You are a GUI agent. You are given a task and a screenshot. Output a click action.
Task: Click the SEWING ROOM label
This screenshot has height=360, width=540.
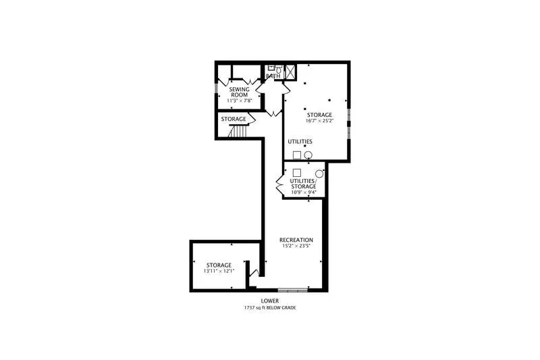tap(240, 92)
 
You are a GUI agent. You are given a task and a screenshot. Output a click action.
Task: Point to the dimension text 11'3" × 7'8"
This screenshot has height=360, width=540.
tap(240, 101)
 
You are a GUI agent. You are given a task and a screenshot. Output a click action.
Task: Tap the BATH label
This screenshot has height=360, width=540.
tap(273, 76)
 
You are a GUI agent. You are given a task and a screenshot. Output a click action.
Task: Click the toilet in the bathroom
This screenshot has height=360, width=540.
tap(279, 70)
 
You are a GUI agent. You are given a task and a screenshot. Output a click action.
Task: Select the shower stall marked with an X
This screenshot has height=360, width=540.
tap(290, 72)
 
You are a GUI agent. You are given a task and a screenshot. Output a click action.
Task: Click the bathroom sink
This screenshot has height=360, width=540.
tap(271, 68)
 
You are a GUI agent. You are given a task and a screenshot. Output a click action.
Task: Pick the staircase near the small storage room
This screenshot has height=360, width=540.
tap(238, 131)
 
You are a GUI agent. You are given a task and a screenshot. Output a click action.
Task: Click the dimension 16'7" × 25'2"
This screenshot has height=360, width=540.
tap(319, 121)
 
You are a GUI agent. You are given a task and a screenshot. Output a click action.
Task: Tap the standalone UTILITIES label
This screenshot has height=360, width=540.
tap(300, 142)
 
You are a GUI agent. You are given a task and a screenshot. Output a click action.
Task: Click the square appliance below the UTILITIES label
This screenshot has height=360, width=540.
tap(297, 155)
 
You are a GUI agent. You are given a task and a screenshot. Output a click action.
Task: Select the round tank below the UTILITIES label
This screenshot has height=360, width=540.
tap(308, 155)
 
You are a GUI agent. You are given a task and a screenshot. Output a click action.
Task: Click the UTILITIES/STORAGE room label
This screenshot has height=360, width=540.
tap(303, 184)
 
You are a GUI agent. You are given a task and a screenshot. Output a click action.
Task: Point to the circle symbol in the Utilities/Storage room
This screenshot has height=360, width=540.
tap(319, 174)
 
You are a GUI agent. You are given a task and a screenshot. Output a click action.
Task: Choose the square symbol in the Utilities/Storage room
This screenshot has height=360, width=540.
tap(297, 173)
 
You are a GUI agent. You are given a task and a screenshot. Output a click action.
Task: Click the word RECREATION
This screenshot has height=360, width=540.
tap(296, 240)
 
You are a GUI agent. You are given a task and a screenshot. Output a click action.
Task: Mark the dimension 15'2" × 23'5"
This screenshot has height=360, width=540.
tap(296, 246)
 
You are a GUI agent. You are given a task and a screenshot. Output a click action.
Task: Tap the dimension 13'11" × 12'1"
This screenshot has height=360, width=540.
tap(219, 271)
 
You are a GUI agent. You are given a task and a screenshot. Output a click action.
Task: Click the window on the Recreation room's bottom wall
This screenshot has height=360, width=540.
tap(293, 290)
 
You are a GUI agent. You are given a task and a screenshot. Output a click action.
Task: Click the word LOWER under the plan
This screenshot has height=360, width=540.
tap(269, 301)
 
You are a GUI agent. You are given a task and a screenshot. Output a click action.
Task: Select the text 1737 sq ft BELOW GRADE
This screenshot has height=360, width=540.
tap(270, 307)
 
